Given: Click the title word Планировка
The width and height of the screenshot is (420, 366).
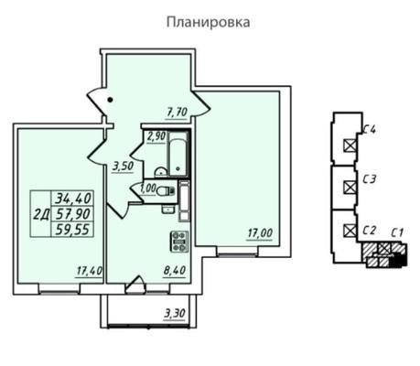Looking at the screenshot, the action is click(x=209, y=22).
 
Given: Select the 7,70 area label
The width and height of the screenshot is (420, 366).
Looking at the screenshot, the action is click(x=178, y=113).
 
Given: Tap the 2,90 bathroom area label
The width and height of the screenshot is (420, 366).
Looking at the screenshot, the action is click(x=156, y=136).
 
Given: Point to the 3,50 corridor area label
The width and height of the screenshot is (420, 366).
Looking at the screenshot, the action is click(x=124, y=167).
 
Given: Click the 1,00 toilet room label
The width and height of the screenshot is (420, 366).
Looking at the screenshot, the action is click(x=148, y=188).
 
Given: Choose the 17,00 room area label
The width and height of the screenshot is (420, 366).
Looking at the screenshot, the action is click(x=260, y=233).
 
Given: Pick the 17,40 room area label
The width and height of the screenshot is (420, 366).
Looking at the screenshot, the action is click(x=89, y=271).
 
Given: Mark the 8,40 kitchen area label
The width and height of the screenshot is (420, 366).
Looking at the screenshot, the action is click(x=175, y=270).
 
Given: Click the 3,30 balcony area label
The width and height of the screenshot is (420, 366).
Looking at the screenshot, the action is click(x=175, y=313).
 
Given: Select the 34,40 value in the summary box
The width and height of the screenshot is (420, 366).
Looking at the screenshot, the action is click(x=73, y=199).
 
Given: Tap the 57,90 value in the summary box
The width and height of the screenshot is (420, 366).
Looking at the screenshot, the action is click(x=73, y=214).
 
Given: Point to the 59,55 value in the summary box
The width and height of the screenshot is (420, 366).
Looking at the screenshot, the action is click(x=73, y=230).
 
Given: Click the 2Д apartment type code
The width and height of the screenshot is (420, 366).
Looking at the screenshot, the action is click(x=41, y=214).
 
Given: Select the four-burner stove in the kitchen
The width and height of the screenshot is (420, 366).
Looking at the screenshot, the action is click(x=179, y=242).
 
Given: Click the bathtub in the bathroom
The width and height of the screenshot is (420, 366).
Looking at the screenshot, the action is click(x=178, y=154).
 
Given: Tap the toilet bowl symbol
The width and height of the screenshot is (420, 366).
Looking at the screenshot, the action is click(x=166, y=191).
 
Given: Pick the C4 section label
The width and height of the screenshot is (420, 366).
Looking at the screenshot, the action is click(x=370, y=130).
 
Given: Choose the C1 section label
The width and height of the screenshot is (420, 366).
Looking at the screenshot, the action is click(x=398, y=233).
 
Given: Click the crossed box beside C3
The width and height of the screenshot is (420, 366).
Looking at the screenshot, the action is click(x=350, y=187).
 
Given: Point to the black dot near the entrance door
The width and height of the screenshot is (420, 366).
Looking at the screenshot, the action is click(x=111, y=100).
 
